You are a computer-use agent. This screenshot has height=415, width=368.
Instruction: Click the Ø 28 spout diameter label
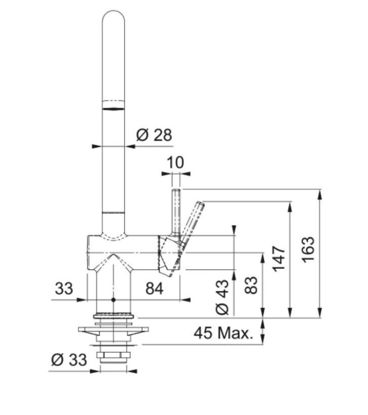(154, 135)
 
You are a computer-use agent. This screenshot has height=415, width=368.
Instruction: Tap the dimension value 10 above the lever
(175, 162)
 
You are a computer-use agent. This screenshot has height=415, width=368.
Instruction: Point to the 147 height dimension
(279, 258)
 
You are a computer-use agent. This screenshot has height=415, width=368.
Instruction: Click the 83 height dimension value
(251, 284)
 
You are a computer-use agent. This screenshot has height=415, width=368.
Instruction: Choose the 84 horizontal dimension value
(154, 288)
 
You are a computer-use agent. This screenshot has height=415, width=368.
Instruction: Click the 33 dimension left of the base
(64, 288)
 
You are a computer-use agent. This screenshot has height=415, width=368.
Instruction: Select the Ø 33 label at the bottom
(70, 359)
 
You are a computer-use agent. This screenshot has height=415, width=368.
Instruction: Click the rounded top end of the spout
(114, 18)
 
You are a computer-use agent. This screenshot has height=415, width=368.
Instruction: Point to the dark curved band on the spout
(114, 108)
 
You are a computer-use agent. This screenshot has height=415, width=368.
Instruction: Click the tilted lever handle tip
(199, 205)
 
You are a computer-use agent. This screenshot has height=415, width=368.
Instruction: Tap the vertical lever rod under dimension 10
(176, 213)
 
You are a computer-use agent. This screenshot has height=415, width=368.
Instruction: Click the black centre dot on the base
(113, 300)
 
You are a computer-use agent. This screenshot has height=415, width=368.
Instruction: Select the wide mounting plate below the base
(113, 329)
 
